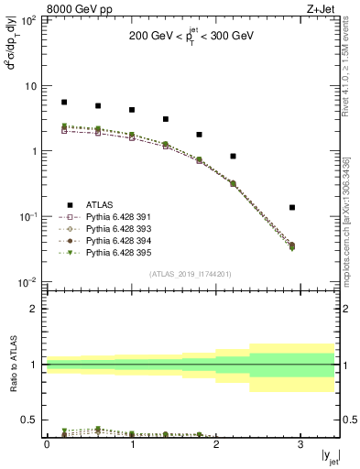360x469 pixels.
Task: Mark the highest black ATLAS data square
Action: coord(64,103)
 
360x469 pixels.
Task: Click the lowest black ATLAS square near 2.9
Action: coord(318,208)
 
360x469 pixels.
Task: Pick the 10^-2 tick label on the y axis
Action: coord(28,281)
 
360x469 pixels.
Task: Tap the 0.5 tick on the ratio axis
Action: coord(32,420)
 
